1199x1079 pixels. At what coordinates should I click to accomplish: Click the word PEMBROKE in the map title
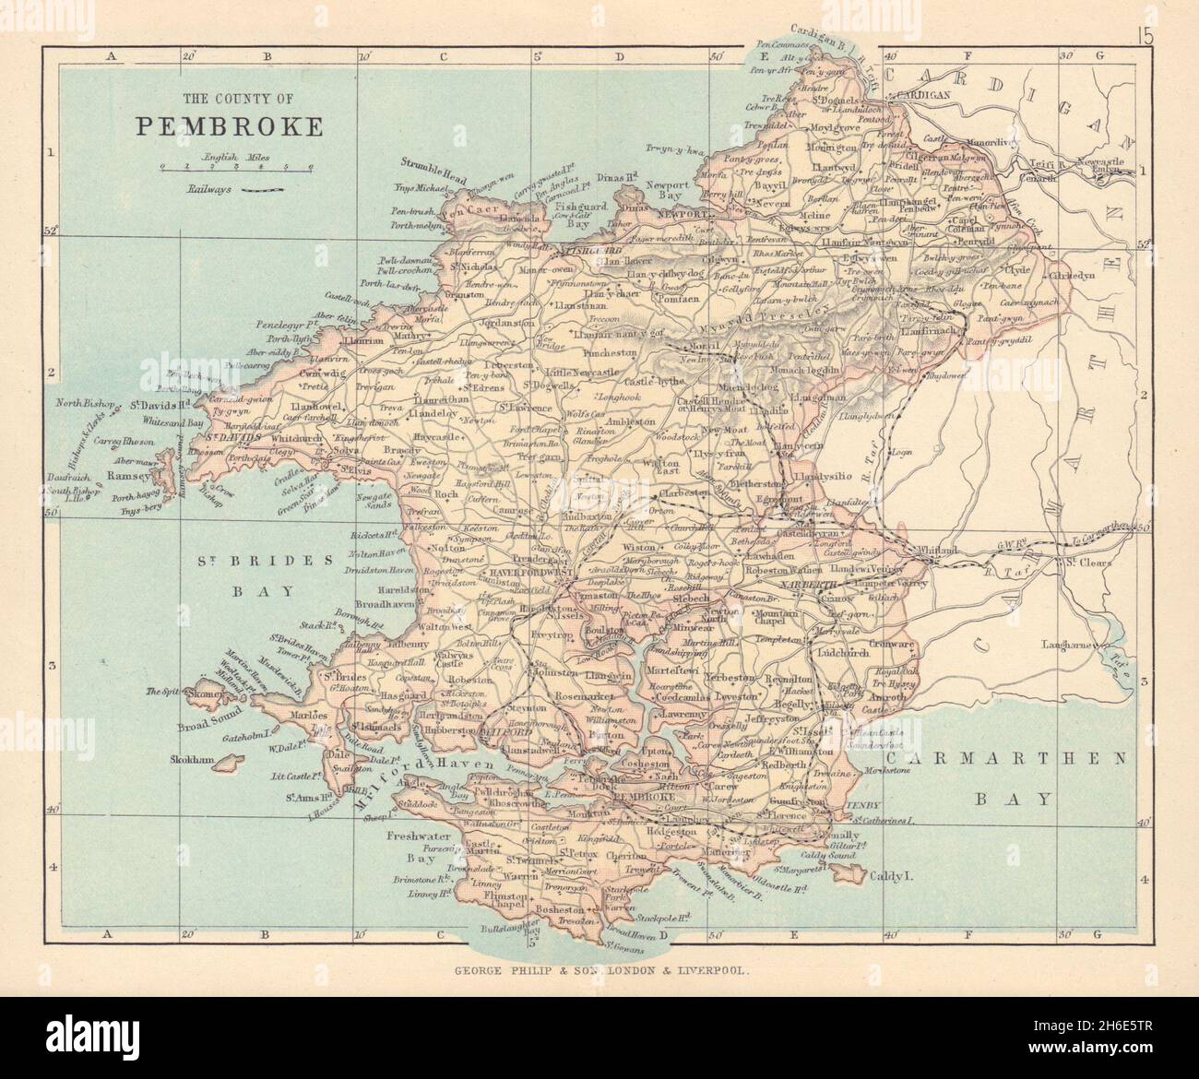[x=230, y=125]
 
